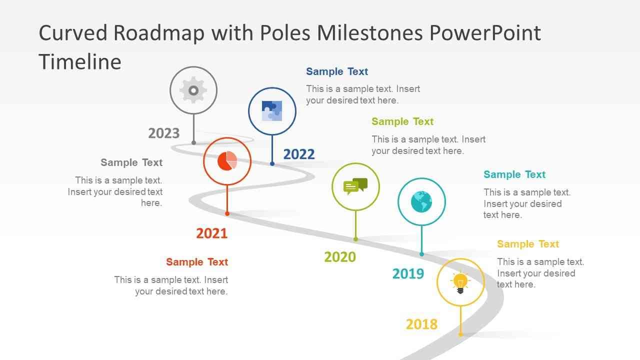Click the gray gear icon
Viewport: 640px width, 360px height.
click(193, 90)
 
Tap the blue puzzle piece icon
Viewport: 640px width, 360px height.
click(272, 111)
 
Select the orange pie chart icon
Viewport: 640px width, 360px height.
click(227, 161)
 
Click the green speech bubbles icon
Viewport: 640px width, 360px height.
click(355, 186)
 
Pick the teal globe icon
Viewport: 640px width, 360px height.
click(421, 201)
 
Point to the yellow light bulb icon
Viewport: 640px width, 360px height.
click(460, 282)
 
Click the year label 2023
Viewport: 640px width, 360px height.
click(163, 133)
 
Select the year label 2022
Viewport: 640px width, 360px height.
click(299, 154)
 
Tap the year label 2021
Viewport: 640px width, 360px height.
click(211, 233)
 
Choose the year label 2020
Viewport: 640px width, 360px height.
click(340, 257)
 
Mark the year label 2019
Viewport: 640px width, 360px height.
click(408, 274)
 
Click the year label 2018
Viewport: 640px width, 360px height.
click(421, 324)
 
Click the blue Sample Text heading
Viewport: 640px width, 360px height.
click(337, 71)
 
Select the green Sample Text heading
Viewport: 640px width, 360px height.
click(402, 121)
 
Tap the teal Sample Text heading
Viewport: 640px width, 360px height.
click(514, 174)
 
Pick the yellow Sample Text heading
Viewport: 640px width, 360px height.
click(528, 244)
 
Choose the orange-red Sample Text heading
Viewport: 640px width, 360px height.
click(197, 262)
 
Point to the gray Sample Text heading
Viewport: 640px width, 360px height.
click(131, 162)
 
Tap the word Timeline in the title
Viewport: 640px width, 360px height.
click(80, 62)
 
